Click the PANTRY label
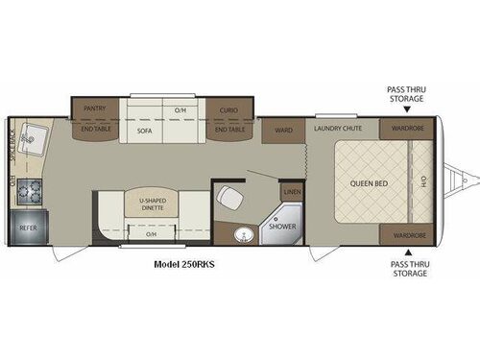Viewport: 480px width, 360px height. pyautogui.click(x=94, y=109)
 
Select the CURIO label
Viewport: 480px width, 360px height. pyautogui.click(x=228, y=109)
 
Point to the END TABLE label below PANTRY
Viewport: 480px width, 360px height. pyautogui.click(x=94, y=129)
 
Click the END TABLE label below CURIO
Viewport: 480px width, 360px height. pyautogui.click(x=228, y=129)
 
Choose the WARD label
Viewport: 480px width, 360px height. pyautogui.click(x=284, y=131)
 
